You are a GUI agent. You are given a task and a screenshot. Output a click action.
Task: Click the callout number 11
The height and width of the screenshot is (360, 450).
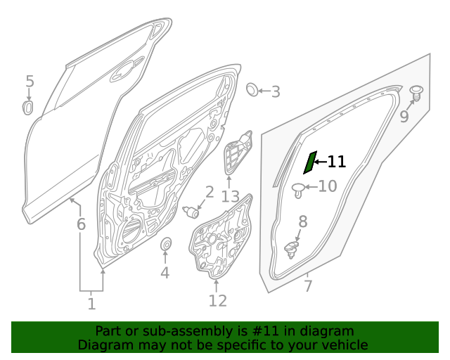tap(337, 162)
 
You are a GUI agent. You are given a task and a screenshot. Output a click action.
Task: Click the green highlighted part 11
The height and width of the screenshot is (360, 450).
tap(309, 162)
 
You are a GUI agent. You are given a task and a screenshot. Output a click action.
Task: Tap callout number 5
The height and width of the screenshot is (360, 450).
tap(30, 82)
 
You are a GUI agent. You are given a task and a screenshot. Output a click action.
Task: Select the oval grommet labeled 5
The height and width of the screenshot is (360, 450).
tap(29, 107)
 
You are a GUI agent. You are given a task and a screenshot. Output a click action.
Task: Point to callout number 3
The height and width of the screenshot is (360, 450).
tap(276, 91)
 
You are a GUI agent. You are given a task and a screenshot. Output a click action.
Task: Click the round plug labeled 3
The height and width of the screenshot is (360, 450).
tap(251, 89)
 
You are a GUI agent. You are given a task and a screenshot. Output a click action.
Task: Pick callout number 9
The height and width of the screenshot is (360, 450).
tap(404, 117)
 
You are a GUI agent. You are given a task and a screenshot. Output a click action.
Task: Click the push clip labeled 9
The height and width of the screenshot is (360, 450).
tap(416, 92)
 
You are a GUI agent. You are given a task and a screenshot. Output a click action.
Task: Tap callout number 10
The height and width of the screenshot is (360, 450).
tap(328, 186)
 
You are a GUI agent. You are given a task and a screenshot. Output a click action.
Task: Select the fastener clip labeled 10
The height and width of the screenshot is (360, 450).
tap(299, 188)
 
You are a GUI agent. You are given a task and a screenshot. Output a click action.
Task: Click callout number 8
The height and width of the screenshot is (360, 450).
tap(303, 222)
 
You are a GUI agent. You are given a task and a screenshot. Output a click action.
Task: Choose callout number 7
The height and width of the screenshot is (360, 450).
tap(307, 286)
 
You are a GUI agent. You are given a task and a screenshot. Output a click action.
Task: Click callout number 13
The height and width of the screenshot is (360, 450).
tap(230, 196)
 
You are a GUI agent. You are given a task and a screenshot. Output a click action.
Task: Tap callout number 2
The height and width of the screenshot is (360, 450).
tap(210, 192)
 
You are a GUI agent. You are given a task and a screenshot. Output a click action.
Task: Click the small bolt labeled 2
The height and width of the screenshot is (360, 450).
tap(190, 211)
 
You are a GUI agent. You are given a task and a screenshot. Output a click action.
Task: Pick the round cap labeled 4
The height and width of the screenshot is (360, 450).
tap(167, 245)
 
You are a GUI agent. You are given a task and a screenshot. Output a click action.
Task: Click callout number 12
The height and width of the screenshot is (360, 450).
tap(217, 301)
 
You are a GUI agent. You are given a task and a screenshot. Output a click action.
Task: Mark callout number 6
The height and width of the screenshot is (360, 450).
tap(81, 225)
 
